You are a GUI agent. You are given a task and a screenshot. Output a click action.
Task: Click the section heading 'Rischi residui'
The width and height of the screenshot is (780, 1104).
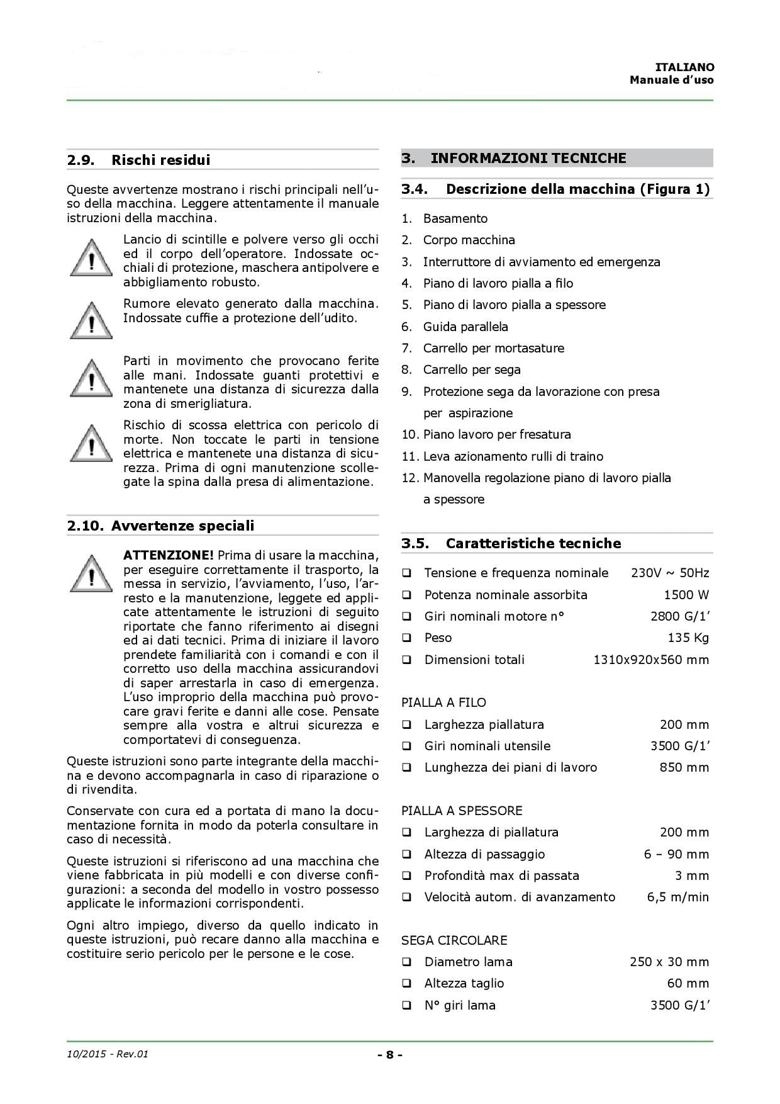[x=160, y=160]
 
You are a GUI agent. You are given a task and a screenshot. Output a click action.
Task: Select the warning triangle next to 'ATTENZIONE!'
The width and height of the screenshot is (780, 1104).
[x=91, y=573]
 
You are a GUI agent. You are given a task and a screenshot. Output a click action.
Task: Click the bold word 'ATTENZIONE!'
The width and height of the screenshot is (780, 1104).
[x=168, y=555]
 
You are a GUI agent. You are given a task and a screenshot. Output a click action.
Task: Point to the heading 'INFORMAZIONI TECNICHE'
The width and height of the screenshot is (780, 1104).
[x=528, y=158]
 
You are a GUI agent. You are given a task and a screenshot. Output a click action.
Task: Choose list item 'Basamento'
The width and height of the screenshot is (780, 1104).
[x=455, y=218]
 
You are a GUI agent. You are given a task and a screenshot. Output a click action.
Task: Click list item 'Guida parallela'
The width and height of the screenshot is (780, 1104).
[x=465, y=327]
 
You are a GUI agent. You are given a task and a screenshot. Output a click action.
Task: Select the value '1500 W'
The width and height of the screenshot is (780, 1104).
[x=686, y=595]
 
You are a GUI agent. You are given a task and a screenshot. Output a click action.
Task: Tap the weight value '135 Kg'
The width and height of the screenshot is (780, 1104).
[x=688, y=638]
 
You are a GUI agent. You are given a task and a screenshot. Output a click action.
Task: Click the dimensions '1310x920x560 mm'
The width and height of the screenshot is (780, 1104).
[x=651, y=660]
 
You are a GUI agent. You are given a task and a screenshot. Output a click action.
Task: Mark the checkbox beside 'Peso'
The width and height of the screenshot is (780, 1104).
[x=408, y=638]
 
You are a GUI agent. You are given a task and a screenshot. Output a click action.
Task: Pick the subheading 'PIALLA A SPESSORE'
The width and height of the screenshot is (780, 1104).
[x=462, y=811]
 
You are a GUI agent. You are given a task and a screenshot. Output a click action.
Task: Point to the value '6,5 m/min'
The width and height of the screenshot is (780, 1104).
[x=677, y=897]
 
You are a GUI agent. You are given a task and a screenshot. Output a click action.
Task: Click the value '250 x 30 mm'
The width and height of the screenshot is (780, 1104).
[x=669, y=962]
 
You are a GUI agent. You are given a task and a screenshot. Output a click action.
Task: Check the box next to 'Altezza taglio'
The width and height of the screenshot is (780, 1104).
[x=408, y=983]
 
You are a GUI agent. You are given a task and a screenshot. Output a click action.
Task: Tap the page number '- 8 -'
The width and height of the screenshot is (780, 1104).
[x=390, y=1054]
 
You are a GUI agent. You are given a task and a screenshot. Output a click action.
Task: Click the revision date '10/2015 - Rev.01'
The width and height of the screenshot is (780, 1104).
[x=107, y=1054]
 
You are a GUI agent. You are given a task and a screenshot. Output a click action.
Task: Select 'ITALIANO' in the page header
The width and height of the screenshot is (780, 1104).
[x=684, y=67]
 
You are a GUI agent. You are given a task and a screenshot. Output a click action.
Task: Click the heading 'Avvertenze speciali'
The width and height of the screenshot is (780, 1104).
[x=182, y=526]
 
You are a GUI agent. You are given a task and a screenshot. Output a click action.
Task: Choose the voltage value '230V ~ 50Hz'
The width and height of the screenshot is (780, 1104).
[x=669, y=573]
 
